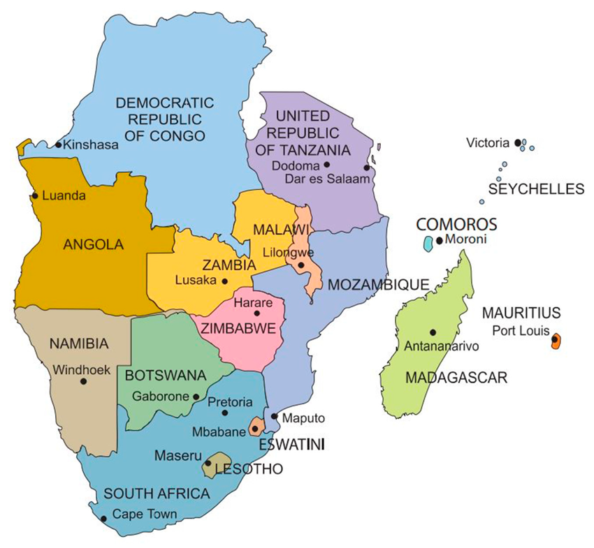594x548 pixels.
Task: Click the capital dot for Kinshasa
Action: pyautogui.click(x=59, y=145)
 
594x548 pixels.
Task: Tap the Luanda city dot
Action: pyautogui.click(x=35, y=196)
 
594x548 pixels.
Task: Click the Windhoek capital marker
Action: pyautogui.click(x=83, y=381)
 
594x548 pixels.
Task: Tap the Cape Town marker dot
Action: pyautogui.click(x=103, y=518)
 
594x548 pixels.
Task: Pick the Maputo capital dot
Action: pyautogui.click(x=275, y=416)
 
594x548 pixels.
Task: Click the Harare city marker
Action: pyautogui.click(x=256, y=313)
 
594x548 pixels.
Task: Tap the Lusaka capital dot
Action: pyautogui.click(x=224, y=281)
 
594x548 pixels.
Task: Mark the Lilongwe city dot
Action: pyautogui.click(x=300, y=265)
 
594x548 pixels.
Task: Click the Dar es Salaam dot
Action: pyautogui.click(x=366, y=168)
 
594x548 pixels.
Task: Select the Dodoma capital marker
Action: pyautogui.click(x=326, y=165)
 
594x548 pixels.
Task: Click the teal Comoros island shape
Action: pyautogui.click(x=428, y=244)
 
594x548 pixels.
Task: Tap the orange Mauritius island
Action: pyautogui.click(x=556, y=341)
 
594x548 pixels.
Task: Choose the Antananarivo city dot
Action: pyautogui.click(x=433, y=332)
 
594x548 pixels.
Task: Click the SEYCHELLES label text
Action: pyautogui.click(x=536, y=189)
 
